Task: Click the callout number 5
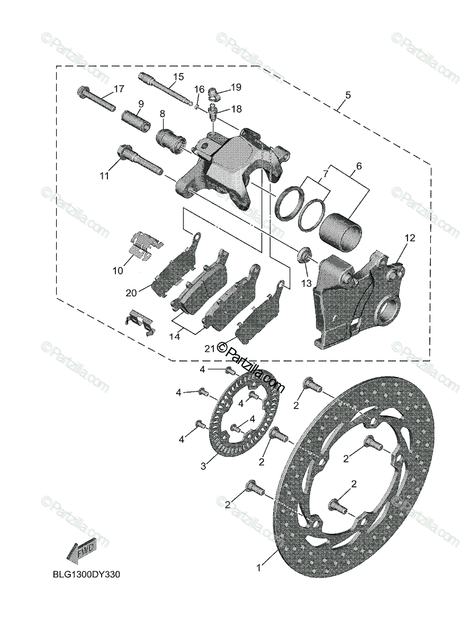(348, 95)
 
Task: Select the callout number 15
(178, 77)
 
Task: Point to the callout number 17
(119, 88)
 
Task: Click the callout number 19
(236, 86)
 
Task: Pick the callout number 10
(117, 270)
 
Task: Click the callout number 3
(203, 466)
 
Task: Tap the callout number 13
(307, 284)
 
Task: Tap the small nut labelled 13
(304, 255)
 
